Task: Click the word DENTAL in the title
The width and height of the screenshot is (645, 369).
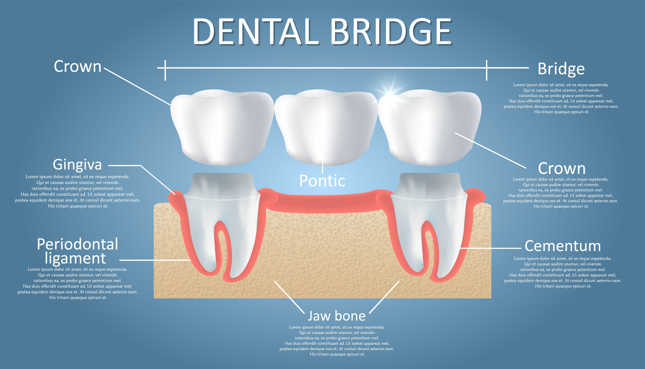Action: (256, 32)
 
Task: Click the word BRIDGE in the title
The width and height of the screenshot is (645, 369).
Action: (392, 32)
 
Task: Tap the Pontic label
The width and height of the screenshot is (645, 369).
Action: (322, 181)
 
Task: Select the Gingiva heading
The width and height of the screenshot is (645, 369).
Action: (77, 165)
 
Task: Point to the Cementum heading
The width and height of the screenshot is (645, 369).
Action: (563, 246)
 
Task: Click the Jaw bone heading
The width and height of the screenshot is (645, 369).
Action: (336, 316)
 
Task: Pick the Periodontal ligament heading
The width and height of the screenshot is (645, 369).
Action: (77, 251)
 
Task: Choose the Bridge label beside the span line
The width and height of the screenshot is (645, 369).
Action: (561, 69)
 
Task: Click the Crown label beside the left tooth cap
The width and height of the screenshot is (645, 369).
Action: (77, 66)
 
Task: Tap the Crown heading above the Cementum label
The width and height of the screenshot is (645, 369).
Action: (562, 168)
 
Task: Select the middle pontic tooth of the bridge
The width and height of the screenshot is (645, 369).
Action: (326, 127)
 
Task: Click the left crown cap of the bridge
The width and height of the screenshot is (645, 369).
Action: (222, 127)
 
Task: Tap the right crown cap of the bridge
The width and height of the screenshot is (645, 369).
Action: (430, 127)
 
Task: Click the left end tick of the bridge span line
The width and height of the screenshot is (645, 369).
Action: (165, 70)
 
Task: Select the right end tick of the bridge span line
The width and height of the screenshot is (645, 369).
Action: (487, 70)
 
